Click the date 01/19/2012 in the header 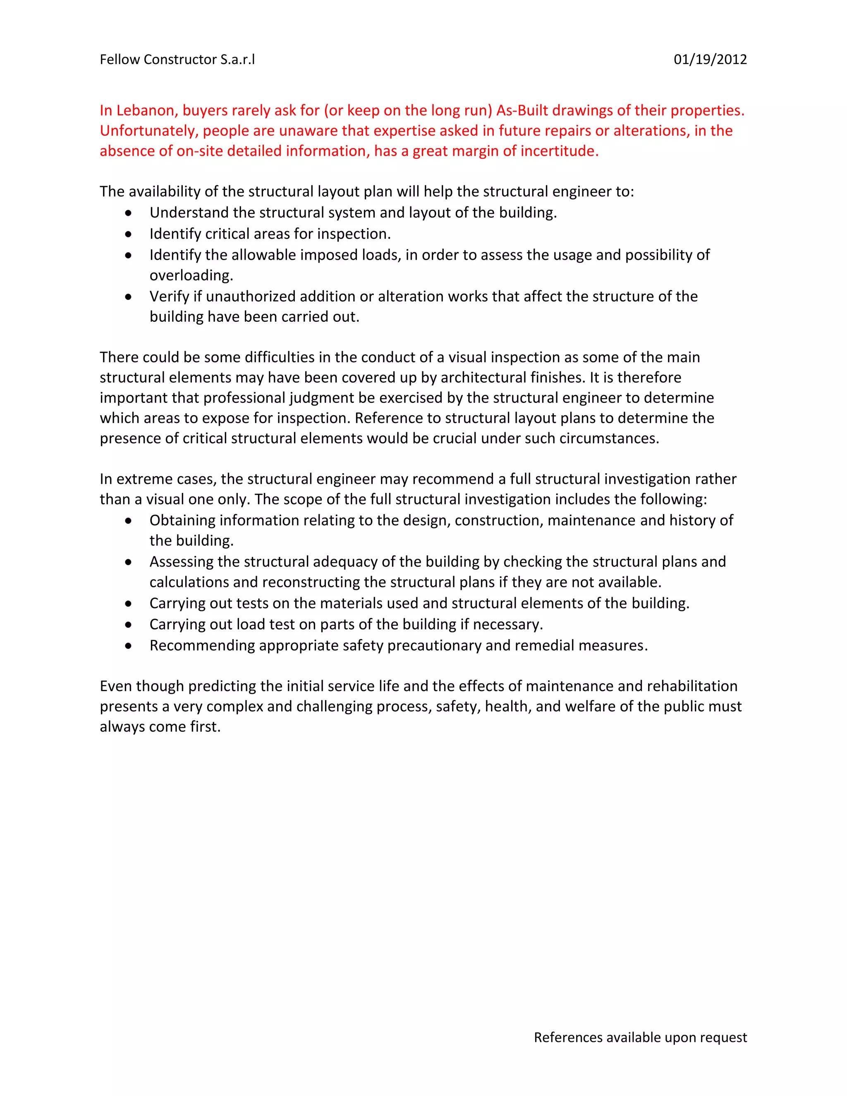710,60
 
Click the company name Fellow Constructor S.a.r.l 177,60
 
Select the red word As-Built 522,110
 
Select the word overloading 191,275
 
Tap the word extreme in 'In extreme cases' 141,479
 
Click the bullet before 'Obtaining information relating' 129,521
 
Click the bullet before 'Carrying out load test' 129,625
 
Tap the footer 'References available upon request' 640,1037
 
